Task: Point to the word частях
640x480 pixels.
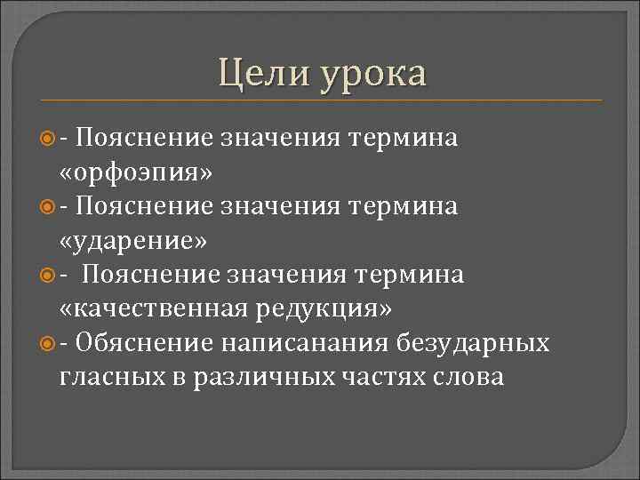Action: (x=384, y=377)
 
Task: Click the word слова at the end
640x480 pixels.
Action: (x=469, y=376)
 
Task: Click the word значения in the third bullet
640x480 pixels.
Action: (x=282, y=275)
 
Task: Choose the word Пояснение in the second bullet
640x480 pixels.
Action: (x=144, y=206)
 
